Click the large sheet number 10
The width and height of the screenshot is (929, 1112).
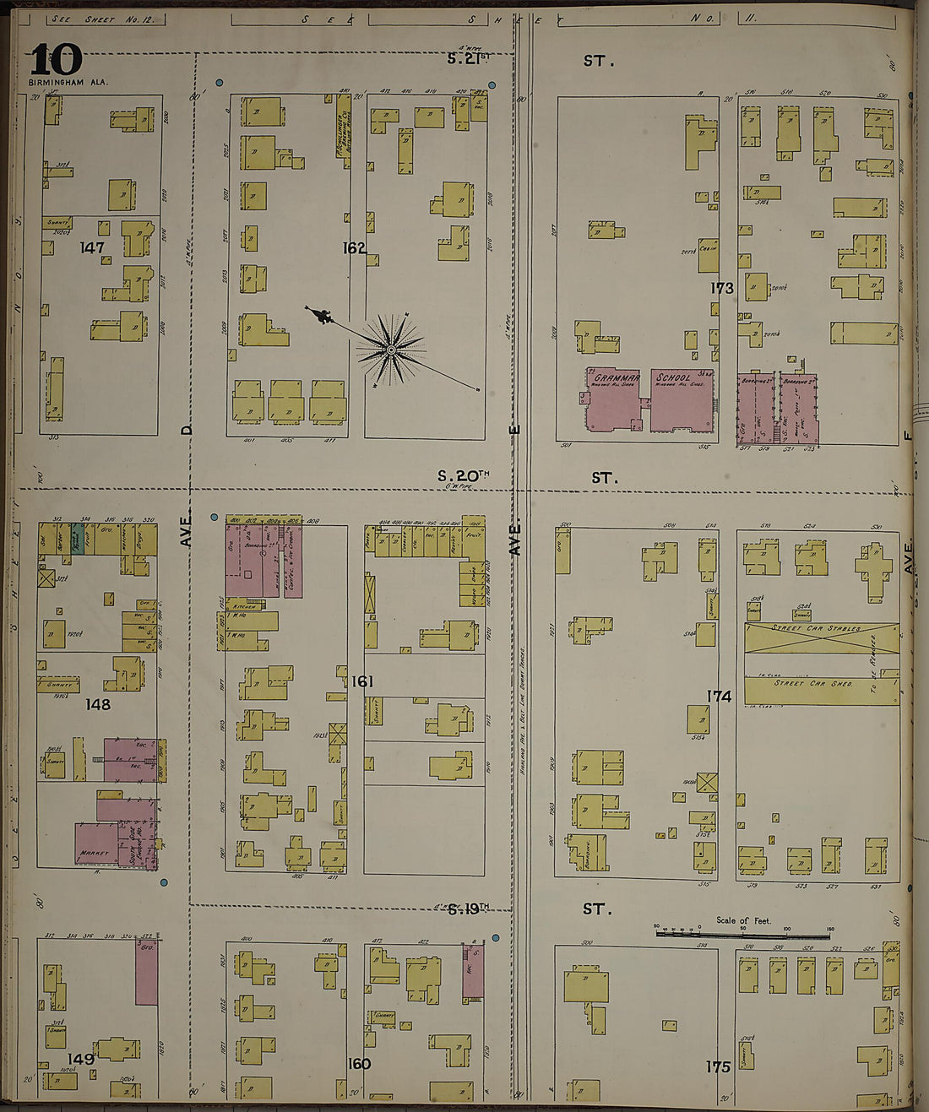point(57,60)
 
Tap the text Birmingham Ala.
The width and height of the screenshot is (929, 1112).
point(62,83)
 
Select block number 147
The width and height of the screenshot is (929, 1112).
point(92,247)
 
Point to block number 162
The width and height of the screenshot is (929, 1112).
point(355,247)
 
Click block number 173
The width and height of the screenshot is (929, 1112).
point(722,288)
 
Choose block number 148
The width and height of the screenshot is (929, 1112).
point(98,703)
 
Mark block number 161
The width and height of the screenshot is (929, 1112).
point(362,681)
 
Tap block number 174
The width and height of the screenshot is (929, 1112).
point(720,696)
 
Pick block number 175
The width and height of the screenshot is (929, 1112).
point(718,1066)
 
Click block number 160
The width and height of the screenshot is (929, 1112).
point(359,1063)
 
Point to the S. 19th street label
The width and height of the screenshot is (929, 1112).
point(468,909)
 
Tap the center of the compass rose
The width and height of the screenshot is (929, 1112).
point(391,349)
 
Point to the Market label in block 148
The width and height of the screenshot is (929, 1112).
point(93,854)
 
